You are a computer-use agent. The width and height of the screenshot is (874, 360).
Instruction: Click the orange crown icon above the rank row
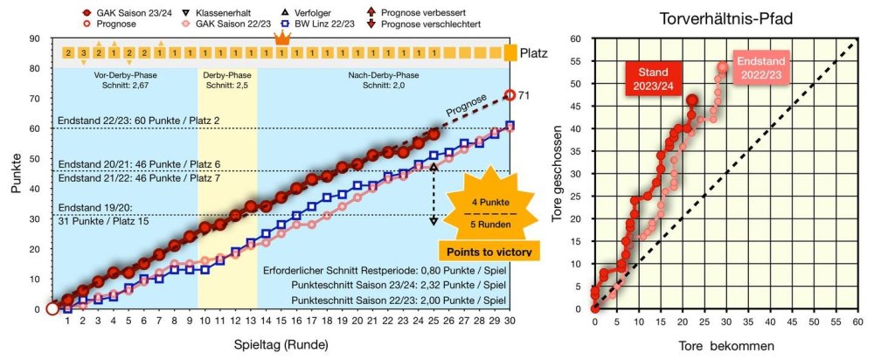coord(281,38)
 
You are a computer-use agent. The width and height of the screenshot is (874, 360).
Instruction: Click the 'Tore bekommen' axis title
coord(725,346)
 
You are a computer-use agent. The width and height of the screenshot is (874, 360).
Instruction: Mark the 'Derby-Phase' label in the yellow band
coord(228,75)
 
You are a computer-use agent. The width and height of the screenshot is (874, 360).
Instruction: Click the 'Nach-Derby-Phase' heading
coord(382,75)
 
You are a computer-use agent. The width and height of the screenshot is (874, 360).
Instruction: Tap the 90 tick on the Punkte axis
coord(35,39)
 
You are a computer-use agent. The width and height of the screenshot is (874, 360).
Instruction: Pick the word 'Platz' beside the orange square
coord(533,53)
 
